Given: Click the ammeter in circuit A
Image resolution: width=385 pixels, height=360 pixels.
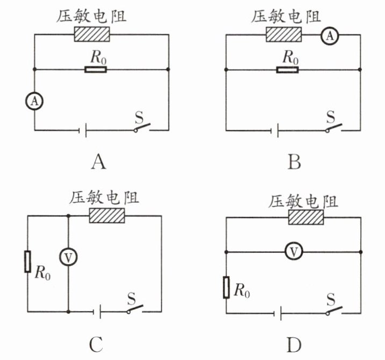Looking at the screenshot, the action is click(x=34, y=101).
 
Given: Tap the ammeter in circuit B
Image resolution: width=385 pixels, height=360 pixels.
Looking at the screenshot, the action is click(x=330, y=36).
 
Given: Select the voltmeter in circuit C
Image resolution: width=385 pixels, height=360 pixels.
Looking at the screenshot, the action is click(x=68, y=257).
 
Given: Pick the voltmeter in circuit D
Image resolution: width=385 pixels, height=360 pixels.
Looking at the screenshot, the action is click(x=294, y=251).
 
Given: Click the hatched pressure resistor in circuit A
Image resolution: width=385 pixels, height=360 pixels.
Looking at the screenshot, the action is click(x=92, y=34).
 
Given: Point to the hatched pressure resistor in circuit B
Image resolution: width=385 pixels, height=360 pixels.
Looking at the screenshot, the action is click(x=284, y=34).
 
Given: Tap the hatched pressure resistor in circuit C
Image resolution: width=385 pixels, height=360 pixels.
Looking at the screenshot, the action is click(x=107, y=215).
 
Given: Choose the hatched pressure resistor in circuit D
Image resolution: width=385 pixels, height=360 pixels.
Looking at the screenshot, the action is click(x=306, y=217).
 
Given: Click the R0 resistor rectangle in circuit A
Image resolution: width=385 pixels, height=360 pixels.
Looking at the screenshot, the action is click(x=96, y=69).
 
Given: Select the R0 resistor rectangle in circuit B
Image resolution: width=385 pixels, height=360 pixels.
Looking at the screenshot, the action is click(x=288, y=70).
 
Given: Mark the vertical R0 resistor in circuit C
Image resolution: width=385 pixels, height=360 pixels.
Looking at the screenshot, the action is click(x=27, y=262).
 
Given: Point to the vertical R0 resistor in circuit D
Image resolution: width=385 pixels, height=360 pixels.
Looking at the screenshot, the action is click(x=226, y=287).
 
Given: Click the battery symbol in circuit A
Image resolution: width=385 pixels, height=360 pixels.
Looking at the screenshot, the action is click(x=82, y=130).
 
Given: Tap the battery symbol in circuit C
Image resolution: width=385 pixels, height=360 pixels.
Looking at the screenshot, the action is click(x=97, y=312).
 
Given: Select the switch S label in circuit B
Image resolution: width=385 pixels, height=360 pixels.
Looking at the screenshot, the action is click(x=331, y=117).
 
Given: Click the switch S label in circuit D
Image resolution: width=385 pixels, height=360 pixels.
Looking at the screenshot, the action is click(x=331, y=299).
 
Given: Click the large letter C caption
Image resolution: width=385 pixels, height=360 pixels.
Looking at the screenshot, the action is click(x=96, y=344).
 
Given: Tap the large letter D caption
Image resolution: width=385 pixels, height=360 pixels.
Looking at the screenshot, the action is click(x=294, y=345).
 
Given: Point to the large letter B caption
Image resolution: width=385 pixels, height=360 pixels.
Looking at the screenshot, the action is click(x=294, y=162).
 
